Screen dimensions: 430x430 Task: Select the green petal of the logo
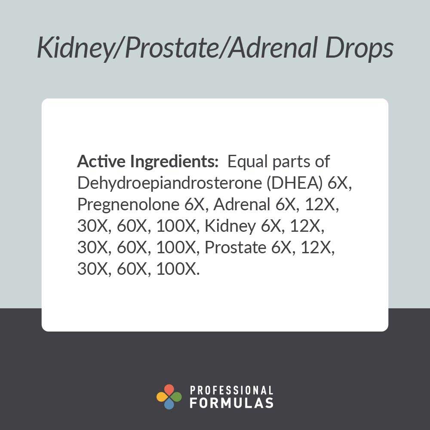[176, 397]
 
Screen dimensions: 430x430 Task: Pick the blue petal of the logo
[169, 404]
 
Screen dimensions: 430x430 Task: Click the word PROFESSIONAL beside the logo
[231, 391]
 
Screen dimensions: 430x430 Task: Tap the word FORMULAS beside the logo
[231, 403]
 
